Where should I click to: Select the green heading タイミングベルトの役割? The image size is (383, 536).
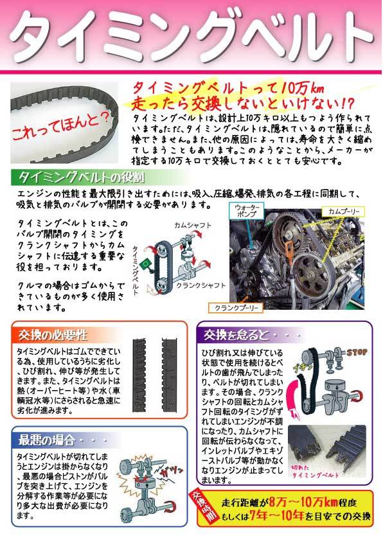point(80,177)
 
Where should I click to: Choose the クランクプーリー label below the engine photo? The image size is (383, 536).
point(236,308)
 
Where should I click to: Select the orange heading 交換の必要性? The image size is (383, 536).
point(49,335)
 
